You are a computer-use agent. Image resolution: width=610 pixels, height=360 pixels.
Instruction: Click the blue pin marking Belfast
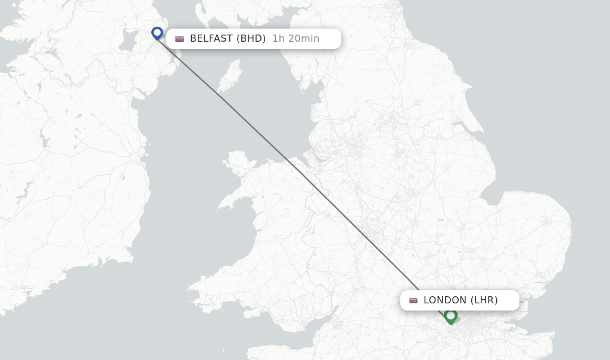157,32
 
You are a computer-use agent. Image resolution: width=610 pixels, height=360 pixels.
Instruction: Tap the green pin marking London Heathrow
451,315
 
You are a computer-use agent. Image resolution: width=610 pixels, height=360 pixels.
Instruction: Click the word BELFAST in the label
211,39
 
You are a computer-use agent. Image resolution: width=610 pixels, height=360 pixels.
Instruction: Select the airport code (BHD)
251,39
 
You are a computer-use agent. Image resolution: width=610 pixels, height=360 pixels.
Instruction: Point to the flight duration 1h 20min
295,39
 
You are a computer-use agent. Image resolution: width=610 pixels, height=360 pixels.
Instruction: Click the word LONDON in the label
445,300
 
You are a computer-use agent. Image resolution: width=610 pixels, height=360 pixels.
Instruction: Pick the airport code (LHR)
484,300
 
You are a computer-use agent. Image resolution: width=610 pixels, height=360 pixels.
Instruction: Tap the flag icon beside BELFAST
179,39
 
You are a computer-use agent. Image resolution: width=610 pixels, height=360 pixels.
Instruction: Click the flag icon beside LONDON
413,300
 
